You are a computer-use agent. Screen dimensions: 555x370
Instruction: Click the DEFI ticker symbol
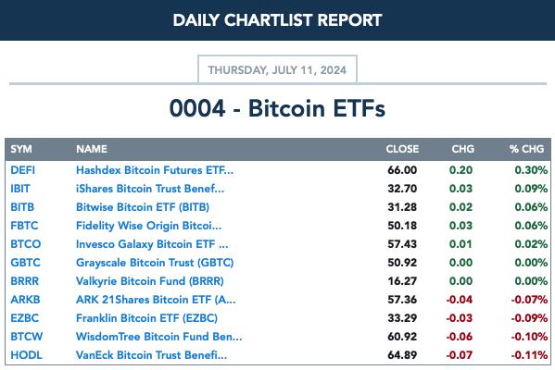click(22, 170)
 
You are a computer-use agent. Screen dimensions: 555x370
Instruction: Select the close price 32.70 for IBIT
click(402, 189)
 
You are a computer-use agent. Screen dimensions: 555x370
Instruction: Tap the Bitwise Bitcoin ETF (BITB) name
click(143, 207)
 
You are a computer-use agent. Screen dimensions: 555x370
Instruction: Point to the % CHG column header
click(526, 149)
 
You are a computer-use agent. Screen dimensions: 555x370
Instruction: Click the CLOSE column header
click(402, 149)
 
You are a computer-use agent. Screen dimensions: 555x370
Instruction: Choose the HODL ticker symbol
click(27, 355)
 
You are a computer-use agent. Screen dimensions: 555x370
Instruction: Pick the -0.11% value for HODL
click(529, 355)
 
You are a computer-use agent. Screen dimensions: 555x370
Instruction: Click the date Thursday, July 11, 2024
click(277, 70)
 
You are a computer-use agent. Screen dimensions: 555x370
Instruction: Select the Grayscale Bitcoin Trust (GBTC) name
click(155, 263)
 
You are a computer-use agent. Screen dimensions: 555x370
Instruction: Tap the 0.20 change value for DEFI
click(460, 170)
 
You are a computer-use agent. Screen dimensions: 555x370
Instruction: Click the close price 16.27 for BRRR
click(402, 281)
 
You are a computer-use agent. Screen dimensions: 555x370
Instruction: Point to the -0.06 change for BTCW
click(459, 337)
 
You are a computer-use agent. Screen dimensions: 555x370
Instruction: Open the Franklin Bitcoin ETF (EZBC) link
click(147, 318)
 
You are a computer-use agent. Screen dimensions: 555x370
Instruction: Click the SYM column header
click(21, 149)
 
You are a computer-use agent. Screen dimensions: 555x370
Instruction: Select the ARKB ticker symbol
click(26, 300)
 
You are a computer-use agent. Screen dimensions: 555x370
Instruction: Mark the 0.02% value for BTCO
click(531, 244)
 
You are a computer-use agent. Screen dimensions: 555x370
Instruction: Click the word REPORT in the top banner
click(349, 20)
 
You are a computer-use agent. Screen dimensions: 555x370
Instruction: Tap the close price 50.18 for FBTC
click(402, 226)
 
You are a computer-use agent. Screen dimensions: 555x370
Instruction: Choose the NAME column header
click(92, 149)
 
